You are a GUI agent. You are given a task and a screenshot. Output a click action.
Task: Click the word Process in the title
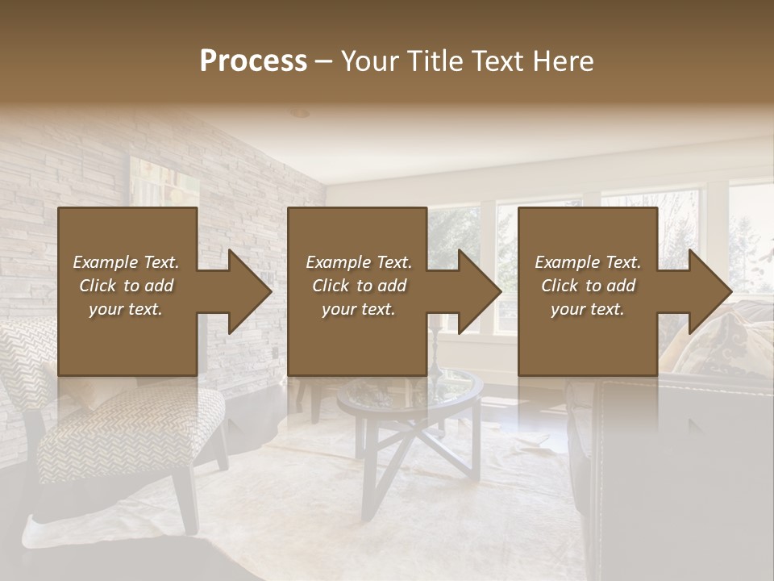tap(253, 61)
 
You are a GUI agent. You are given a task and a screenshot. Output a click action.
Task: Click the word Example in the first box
tap(106, 262)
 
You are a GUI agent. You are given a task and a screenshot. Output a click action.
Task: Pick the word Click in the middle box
tap(331, 286)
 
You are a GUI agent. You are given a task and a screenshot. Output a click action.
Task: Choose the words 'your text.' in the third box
tap(587, 309)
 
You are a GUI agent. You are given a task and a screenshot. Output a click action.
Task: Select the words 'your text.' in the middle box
tap(358, 309)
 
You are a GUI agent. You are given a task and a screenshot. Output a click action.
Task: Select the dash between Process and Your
tap(324, 61)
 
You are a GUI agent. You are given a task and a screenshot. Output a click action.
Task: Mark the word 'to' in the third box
tap(593, 286)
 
